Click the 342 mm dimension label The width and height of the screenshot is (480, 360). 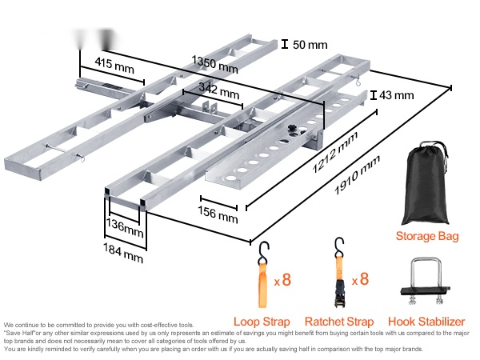pyautogui.click(x=221, y=93)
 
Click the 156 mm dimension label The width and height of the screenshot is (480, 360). pyautogui.click(x=218, y=215)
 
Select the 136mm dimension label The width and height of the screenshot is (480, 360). pyautogui.click(x=126, y=230)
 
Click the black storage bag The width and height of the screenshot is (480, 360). pyautogui.click(x=427, y=186)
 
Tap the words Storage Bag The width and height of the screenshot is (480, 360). pyautogui.click(x=427, y=236)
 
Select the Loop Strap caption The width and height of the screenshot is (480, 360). pyautogui.click(x=262, y=322)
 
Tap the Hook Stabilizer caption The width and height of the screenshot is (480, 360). pyautogui.click(x=427, y=322)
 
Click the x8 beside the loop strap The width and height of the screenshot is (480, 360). pyautogui.click(x=282, y=281)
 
